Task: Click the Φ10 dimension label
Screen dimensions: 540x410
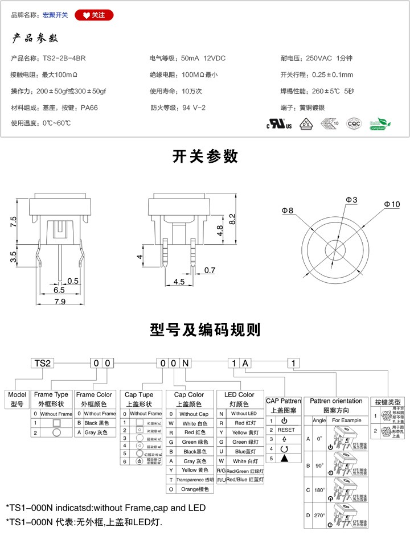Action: [392, 204]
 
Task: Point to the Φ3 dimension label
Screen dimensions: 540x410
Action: [351, 200]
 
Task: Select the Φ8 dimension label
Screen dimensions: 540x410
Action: [287, 211]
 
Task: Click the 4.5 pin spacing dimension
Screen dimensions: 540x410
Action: [179, 282]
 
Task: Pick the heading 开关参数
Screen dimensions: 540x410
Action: [205, 156]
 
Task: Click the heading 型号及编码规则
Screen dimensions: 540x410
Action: [205, 329]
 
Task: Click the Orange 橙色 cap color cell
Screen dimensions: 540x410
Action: [194, 489]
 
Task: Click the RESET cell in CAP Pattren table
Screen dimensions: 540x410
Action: [286, 430]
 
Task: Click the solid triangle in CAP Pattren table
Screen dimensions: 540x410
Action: [285, 458]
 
